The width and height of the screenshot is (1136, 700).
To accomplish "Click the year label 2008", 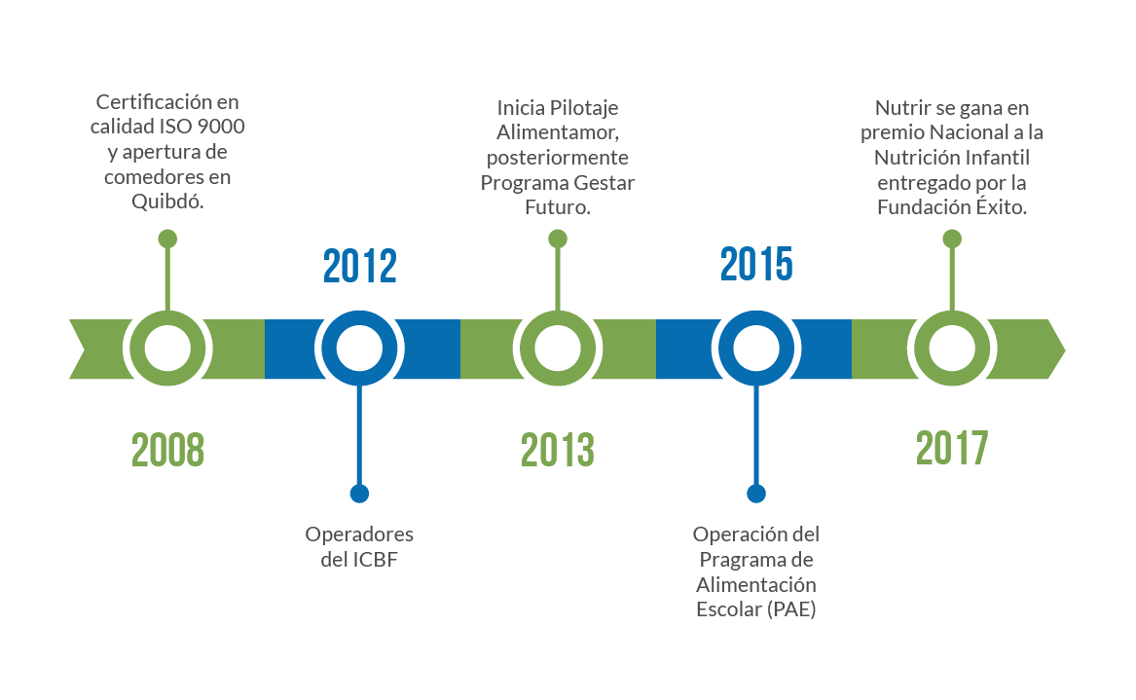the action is click(x=167, y=449).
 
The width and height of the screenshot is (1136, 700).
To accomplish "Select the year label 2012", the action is click(x=359, y=266).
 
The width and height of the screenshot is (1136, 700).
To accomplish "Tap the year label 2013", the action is click(x=557, y=449).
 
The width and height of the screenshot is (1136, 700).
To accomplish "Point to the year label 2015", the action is click(x=756, y=264).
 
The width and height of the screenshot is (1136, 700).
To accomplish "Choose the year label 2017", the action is click(x=952, y=448).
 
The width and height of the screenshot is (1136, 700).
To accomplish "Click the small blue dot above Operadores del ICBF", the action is click(x=359, y=494).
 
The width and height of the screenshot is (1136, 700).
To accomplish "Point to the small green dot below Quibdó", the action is click(x=167, y=239).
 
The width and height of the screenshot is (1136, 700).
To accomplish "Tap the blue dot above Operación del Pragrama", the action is click(x=756, y=494).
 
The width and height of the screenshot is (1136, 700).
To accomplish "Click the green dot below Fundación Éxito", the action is click(x=952, y=239).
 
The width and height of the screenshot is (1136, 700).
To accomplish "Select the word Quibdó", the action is click(x=167, y=202).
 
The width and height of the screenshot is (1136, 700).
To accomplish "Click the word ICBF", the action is click(x=376, y=560).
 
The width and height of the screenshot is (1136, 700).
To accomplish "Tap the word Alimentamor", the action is click(x=557, y=132).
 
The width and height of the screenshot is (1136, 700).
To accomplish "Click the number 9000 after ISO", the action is click(x=221, y=127).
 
